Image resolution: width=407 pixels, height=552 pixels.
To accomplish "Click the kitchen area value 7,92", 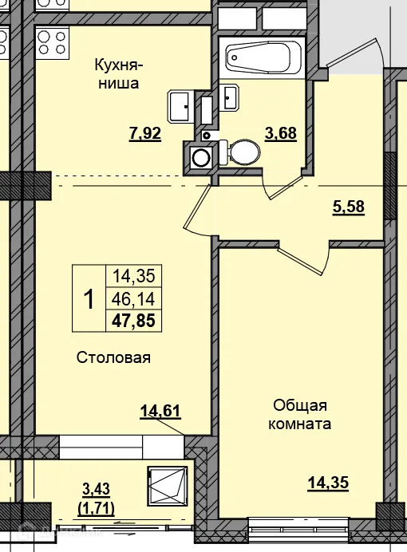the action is click(x=145, y=134).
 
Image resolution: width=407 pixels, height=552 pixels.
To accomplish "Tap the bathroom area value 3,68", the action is click(x=281, y=133).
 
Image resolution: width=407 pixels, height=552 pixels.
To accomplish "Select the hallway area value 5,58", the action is click(x=349, y=207).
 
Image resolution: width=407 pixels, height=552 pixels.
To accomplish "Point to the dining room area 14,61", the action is click(x=160, y=411).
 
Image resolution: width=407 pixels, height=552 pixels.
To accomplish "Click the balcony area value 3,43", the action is click(x=96, y=489).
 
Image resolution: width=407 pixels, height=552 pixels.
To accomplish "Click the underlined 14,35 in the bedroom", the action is click(x=328, y=483).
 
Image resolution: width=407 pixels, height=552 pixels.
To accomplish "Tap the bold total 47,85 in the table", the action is click(x=133, y=321).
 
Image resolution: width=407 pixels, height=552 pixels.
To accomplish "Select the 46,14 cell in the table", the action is click(x=133, y=299).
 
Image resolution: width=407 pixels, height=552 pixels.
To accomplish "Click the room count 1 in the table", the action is click(x=89, y=298).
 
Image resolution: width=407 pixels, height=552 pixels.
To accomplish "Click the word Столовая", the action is click(x=113, y=357).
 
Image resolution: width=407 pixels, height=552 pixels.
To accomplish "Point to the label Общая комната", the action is click(x=299, y=415).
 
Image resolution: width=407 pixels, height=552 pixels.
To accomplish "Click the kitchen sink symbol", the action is click(x=180, y=106).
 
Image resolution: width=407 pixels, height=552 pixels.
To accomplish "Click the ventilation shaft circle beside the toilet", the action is click(x=200, y=156).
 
